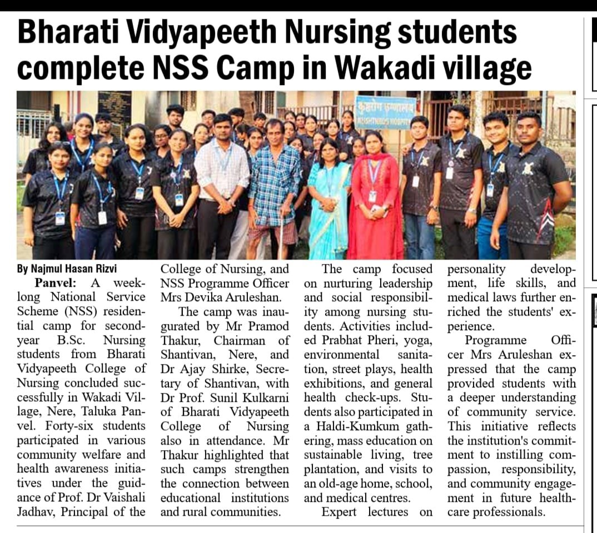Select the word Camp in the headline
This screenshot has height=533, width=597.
(x=250, y=68)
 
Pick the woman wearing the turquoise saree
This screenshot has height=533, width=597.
(x=329, y=195)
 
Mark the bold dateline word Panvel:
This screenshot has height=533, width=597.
(x=51, y=282)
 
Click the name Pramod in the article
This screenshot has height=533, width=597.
(x=269, y=326)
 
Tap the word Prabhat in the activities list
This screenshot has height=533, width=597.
(x=340, y=340)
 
